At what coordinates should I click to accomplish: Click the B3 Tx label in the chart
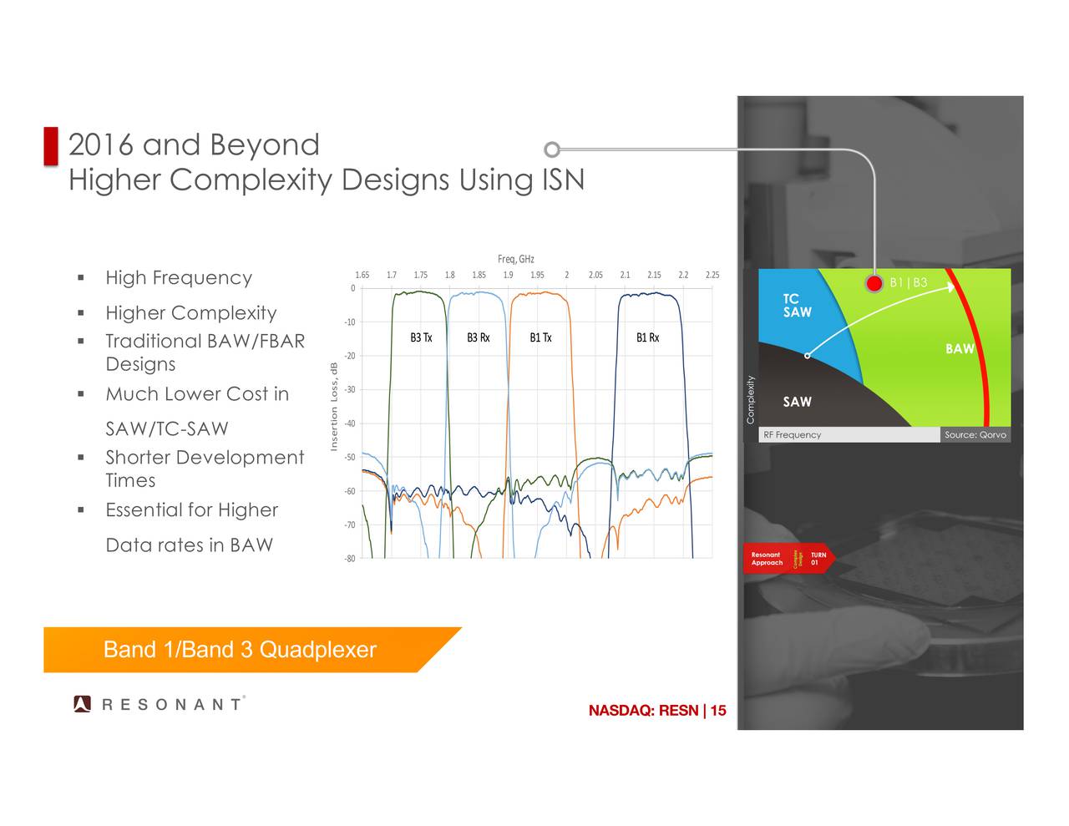pos(421,337)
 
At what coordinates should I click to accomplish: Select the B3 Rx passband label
pos(478,337)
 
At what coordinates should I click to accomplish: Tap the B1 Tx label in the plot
pos(540,337)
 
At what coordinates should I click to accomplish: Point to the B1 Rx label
pos(647,337)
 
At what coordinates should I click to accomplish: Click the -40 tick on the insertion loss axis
pos(350,423)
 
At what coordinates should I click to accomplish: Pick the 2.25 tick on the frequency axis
pos(712,275)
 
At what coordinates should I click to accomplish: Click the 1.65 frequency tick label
pos(362,275)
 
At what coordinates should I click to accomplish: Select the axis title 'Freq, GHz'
pos(515,259)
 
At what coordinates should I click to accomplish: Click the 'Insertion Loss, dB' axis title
pos(334,407)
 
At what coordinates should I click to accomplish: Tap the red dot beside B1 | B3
pos(874,283)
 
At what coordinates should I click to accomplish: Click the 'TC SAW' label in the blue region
pos(797,306)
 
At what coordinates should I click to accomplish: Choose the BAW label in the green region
pos(960,349)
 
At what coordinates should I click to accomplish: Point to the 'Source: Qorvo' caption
pos(975,435)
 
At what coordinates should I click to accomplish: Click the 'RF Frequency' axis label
pos(792,435)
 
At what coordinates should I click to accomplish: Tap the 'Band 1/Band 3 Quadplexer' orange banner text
pos(240,650)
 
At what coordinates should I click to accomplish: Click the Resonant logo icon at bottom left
pos(82,704)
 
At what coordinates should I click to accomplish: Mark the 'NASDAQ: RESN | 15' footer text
pos(656,711)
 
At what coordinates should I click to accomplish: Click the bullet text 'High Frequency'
pos(178,278)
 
